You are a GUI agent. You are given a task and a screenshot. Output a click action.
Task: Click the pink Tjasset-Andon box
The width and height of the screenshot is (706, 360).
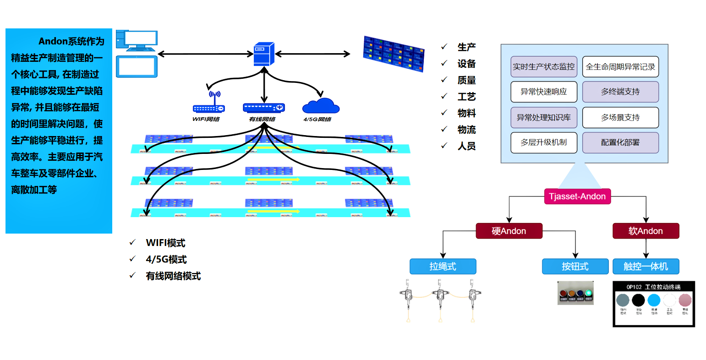click(577, 196)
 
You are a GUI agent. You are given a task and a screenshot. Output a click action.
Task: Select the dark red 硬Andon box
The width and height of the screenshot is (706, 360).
click(509, 231)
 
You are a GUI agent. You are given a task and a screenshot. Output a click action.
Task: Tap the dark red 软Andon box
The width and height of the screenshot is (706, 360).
click(646, 231)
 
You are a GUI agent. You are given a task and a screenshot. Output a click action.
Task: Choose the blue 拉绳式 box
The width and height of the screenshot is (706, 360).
click(443, 266)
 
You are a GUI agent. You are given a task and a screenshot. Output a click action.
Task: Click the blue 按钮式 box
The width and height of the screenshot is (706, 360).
click(575, 266)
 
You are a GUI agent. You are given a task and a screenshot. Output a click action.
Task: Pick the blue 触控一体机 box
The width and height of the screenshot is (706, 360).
click(646, 266)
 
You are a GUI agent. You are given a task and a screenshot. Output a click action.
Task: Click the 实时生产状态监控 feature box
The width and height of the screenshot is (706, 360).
click(543, 67)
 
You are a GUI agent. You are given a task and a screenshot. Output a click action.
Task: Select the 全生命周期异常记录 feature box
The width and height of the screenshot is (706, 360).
click(620, 67)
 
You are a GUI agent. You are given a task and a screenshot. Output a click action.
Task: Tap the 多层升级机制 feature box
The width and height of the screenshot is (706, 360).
click(543, 142)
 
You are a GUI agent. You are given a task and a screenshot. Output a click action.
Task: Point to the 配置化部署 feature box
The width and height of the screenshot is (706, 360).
click(620, 142)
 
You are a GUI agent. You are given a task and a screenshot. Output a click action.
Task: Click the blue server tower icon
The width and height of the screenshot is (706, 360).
click(264, 54)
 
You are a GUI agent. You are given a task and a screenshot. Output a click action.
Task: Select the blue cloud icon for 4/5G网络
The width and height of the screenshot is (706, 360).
click(321, 106)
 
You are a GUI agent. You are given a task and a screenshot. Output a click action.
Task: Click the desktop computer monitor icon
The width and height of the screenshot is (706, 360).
click(137, 40)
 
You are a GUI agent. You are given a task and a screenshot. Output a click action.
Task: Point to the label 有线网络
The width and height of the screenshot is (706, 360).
click(262, 119)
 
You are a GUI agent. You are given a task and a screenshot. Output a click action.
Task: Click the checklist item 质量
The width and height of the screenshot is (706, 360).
click(466, 80)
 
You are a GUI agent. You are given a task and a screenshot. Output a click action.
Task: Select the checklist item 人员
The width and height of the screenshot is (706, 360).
click(466, 146)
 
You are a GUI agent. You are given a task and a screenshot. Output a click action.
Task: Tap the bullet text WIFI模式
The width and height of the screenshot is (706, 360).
click(165, 243)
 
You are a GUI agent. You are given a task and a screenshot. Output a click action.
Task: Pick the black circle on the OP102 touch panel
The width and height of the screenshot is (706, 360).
click(638, 300)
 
